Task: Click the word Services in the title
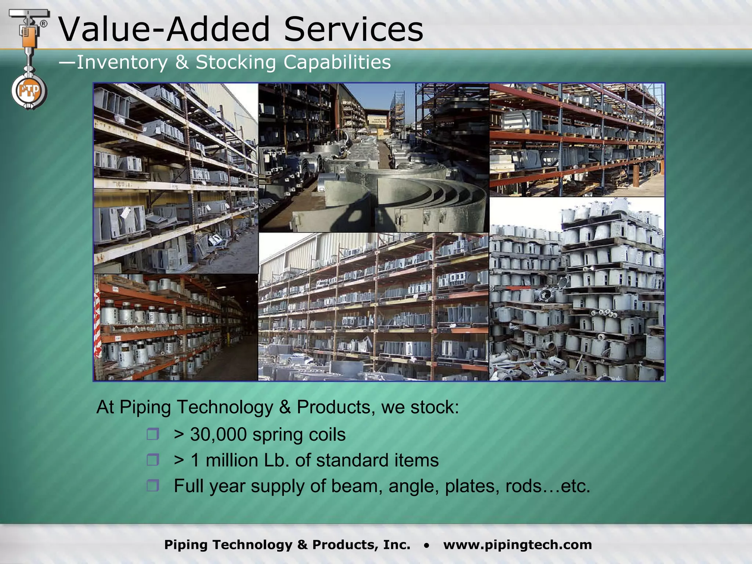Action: click(354, 29)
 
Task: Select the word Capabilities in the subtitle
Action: click(337, 62)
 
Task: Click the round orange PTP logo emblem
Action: click(29, 91)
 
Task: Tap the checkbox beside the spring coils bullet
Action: click(153, 434)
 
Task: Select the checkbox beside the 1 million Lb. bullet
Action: click(153, 460)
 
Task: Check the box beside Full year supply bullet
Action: click(153, 486)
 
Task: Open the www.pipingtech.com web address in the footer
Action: click(517, 545)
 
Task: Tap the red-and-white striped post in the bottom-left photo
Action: click(97, 323)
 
